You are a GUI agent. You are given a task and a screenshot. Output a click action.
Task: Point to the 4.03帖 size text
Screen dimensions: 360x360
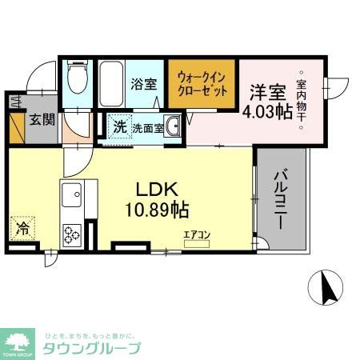point(267,112)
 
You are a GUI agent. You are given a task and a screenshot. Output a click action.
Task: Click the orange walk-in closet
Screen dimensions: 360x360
point(201,84)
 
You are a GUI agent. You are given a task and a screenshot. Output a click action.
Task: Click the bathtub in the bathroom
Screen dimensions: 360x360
point(109,84)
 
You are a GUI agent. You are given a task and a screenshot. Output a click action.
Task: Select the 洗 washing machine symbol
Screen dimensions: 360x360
point(118,126)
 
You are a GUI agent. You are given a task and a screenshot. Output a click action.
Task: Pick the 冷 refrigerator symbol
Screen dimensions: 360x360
point(23,227)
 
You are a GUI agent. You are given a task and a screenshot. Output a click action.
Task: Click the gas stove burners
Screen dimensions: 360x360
point(73,234)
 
